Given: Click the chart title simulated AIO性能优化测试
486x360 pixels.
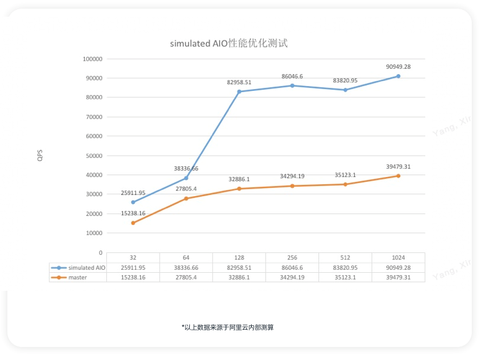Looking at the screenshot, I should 229,44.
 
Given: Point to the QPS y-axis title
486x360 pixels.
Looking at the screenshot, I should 39,155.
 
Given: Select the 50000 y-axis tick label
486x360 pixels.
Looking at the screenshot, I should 94,156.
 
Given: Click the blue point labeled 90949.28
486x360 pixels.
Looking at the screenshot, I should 398,76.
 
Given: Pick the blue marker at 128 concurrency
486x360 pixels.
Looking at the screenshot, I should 239,92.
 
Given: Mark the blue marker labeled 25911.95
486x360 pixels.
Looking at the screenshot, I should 133,202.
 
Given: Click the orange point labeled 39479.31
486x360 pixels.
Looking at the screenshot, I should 398,176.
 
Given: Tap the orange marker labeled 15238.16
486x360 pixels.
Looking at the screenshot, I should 133,223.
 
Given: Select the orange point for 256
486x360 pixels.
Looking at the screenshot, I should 292,186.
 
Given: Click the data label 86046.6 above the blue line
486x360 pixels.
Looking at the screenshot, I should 292,77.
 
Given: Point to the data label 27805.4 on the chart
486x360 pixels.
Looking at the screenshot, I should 186,188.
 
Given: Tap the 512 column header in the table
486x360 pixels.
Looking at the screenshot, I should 345,257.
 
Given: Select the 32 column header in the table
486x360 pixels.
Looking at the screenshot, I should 133,257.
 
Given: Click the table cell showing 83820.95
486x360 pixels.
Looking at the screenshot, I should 345,267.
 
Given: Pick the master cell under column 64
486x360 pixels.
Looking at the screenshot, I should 186,277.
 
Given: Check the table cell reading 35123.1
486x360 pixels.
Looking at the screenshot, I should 345,277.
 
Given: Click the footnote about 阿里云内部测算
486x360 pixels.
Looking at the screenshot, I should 228,327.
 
